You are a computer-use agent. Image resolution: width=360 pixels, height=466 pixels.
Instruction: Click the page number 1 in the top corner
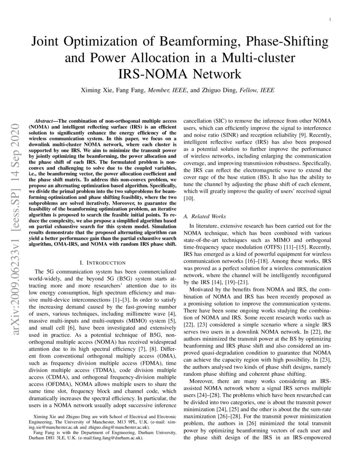click(x=330, y=20)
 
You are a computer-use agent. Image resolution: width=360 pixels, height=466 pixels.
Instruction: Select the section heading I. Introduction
click(x=100, y=263)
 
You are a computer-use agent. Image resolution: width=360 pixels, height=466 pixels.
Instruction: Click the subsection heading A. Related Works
click(x=205, y=216)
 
